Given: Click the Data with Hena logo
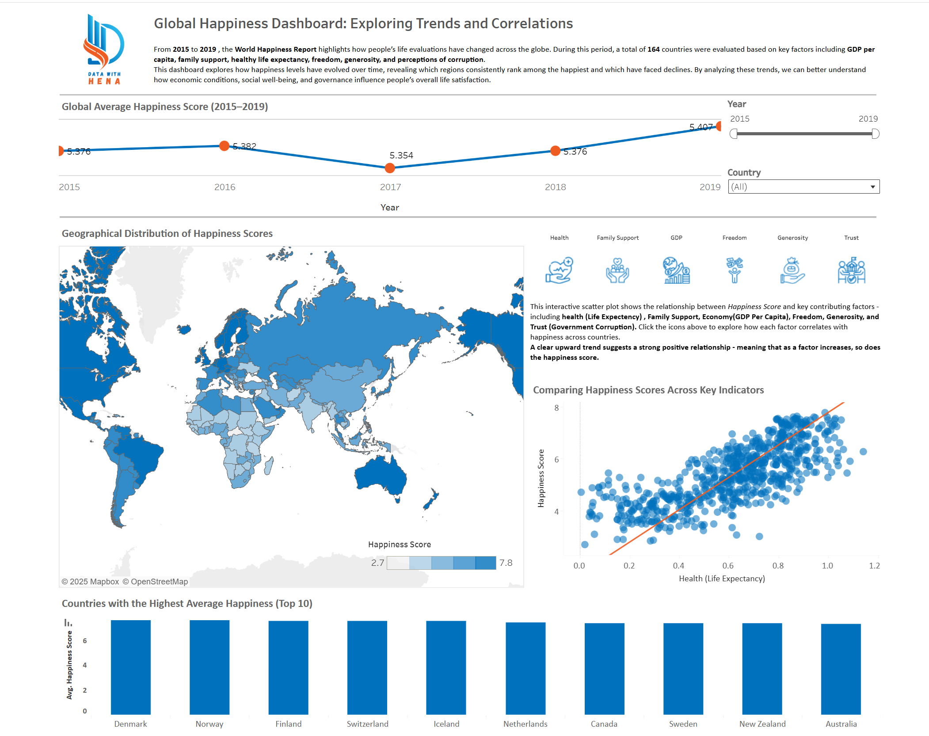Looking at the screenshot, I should click(104, 49).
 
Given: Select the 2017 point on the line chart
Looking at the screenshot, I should click(390, 168).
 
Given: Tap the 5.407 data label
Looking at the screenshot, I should click(701, 127).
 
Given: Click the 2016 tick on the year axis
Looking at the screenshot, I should click(225, 187).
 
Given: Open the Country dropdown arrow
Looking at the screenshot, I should click(872, 187).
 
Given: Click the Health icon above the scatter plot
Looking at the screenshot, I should click(560, 270).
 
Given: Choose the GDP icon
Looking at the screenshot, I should click(676, 270).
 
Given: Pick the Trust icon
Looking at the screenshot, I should click(851, 270).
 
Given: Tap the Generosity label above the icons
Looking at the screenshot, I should click(792, 238).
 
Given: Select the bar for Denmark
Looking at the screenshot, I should click(131, 667).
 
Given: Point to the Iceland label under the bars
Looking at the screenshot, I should click(446, 724).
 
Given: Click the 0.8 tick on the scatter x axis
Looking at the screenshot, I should click(778, 566).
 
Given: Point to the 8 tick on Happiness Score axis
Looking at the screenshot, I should click(556, 408).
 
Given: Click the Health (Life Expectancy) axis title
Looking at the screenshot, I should click(722, 579).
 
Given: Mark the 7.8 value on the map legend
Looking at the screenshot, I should click(506, 563).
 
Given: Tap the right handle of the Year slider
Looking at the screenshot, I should click(875, 134).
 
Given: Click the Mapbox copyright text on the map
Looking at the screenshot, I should click(90, 582).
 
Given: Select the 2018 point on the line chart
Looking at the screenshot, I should click(556, 151).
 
